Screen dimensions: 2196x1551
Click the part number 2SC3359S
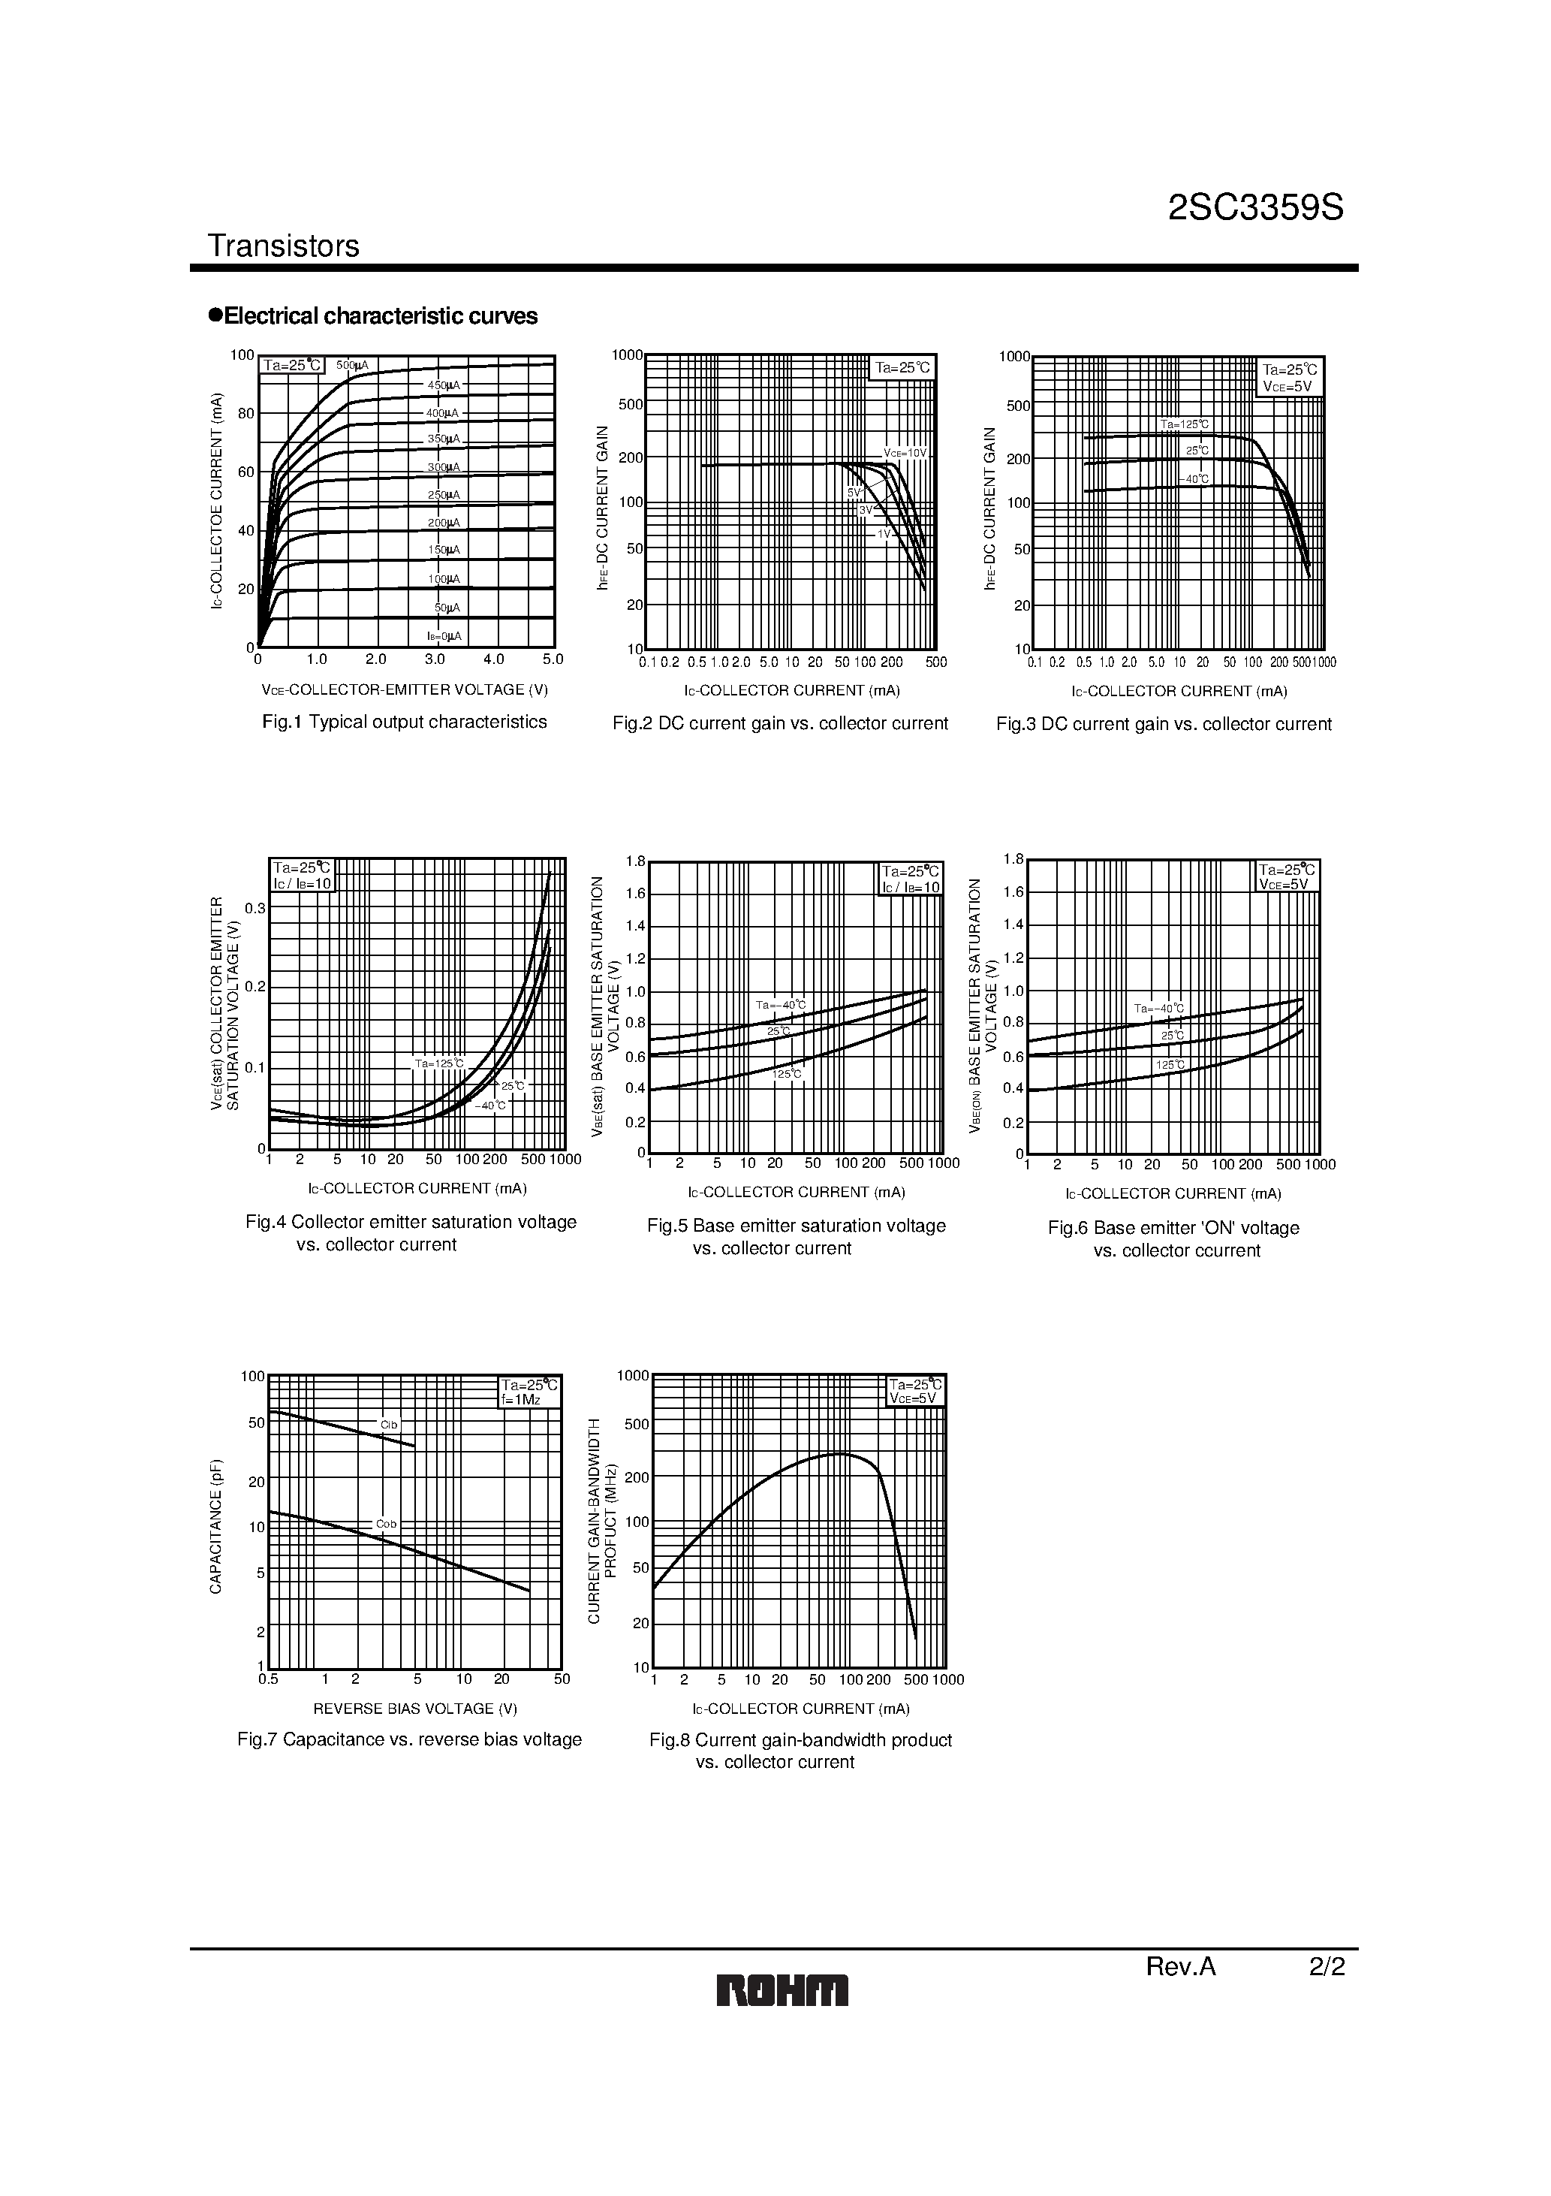pyautogui.click(x=1254, y=207)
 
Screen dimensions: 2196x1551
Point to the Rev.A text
pyautogui.click(x=1180, y=1966)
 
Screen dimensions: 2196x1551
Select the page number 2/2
pyautogui.click(x=1327, y=1966)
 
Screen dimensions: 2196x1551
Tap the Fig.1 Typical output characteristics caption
pyautogui.click(x=405, y=722)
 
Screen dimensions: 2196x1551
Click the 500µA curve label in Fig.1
pyautogui.click(x=352, y=365)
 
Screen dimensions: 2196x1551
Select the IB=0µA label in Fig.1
pyautogui.click(x=444, y=636)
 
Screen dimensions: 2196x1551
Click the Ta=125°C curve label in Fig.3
pyautogui.click(x=1184, y=424)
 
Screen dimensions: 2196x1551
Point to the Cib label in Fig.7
pyautogui.click(x=388, y=1425)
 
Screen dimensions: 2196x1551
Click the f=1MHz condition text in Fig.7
pyautogui.click(x=521, y=1400)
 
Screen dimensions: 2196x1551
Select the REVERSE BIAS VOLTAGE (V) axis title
pyautogui.click(x=415, y=1709)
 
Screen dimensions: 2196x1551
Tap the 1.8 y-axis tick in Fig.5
pyautogui.click(x=636, y=861)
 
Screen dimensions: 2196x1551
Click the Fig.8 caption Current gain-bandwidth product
pyautogui.click(x=800, y=1740)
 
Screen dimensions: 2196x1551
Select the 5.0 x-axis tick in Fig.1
pyautogui.click(x=553, y=659)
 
